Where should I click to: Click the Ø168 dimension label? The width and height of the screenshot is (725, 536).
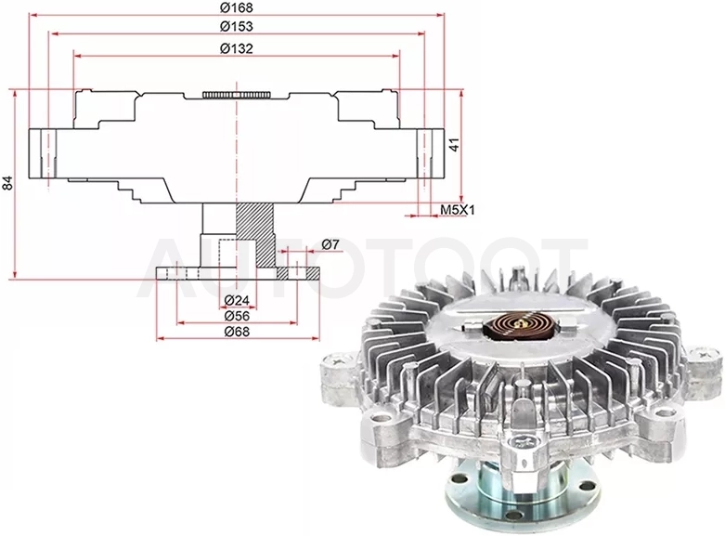tap(237, 7)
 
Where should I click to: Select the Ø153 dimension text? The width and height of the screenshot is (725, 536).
tap(237, 26)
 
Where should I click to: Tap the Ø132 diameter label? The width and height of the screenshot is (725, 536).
tap(237, 48)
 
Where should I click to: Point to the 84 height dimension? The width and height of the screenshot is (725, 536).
tap(7, 183)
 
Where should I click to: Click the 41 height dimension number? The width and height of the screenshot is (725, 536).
tap(455, 145)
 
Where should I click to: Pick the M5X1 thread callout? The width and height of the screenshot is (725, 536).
tap(457, 210)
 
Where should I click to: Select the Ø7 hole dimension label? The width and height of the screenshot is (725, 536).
tap(330, 244)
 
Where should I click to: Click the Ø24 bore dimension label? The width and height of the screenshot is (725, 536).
tap(237, 301)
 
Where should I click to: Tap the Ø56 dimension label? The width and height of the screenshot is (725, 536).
tap(237, 316)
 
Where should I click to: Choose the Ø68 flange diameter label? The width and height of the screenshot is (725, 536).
tap(237, 332)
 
